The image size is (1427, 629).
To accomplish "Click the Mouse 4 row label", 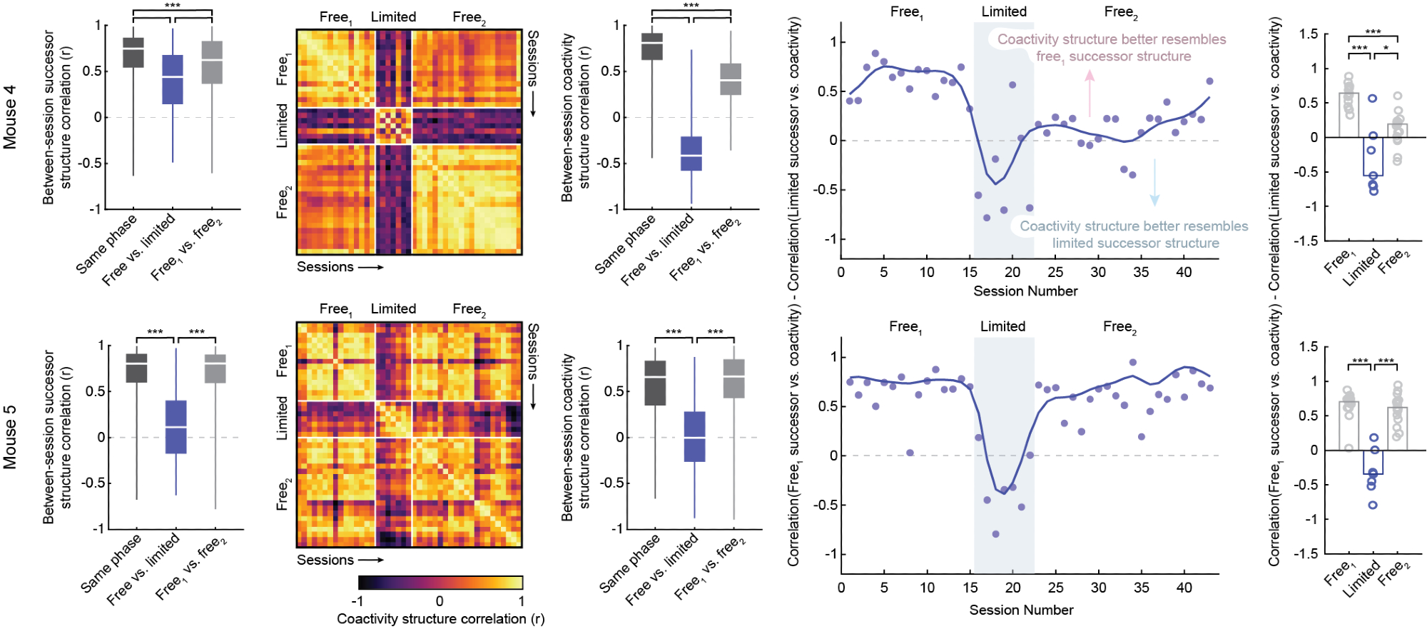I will click(x=10, y=117).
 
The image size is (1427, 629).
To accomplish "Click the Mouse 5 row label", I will click(x=10, y=437).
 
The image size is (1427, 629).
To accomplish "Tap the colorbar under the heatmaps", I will click(x=440, y=583).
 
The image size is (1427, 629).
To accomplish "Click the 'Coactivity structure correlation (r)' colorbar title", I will click(x=440, y=619).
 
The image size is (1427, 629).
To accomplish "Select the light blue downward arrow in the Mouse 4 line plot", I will click(x=1154, y=183).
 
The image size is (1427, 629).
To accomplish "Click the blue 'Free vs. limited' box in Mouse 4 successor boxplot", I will click(x=173, y=79).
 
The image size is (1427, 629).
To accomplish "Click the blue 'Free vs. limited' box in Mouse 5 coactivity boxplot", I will click(x=694, y=436).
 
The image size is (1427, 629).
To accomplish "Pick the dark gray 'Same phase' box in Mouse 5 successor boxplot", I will click(x=136, y=368).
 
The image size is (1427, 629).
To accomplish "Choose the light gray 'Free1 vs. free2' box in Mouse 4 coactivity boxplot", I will click(x=730, y=79).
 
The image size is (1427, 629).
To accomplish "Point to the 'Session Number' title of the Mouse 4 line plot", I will click(x=1025, y=291).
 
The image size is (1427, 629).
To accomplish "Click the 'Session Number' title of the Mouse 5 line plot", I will click(x=1021, y=610).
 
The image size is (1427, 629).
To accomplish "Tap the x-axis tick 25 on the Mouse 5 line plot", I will click(x=1055, y=588).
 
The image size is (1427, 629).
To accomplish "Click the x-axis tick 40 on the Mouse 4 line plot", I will click(x=1184, y=272).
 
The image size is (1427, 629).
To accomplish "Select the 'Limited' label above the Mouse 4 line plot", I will click(x=1004, y=12).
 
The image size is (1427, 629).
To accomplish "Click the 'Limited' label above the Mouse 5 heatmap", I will click(x=393, y=309).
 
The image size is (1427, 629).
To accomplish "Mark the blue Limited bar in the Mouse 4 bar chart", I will click(x=1373, y=156).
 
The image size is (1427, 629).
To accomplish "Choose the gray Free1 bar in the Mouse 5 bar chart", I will click(x=1349, y=426).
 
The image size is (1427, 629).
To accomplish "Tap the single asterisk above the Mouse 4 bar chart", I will click(x=1386, y=49).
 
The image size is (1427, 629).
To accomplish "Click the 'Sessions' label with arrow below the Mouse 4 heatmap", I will click(x=340, y=267).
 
